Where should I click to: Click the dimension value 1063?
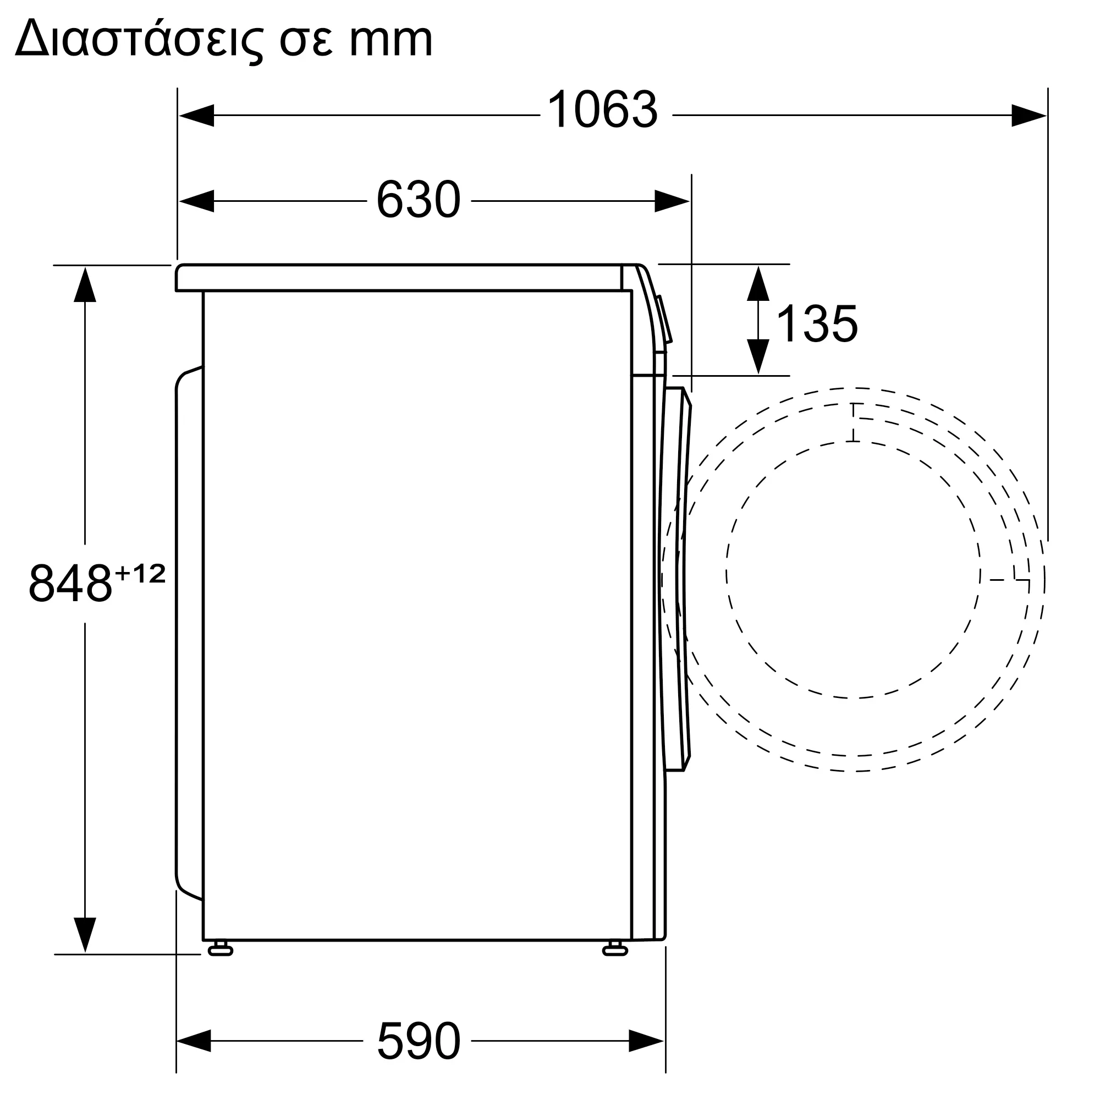pos(602,109)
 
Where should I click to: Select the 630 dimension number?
pos(419,200)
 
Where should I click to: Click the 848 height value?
pos(70,583)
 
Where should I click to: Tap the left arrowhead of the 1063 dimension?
pos(196,115)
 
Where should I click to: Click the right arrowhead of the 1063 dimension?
pos(1029,115)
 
